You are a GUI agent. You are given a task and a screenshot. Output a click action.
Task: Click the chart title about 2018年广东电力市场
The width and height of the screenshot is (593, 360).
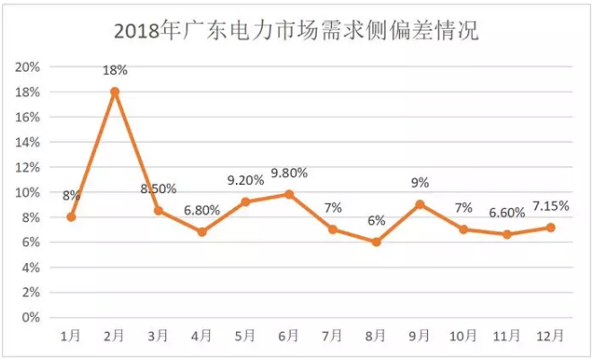(296, 31)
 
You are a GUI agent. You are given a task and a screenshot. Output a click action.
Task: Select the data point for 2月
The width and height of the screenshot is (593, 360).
(115, 92)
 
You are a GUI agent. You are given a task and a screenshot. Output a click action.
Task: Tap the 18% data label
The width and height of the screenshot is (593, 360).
(116, 70)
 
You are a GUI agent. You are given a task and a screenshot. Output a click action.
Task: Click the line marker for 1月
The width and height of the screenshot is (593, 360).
(71, 216)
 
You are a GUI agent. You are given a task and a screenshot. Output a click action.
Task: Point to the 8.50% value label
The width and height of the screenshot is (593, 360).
(159, 189)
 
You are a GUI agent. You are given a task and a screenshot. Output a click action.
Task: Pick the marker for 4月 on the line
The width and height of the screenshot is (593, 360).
(202, 232)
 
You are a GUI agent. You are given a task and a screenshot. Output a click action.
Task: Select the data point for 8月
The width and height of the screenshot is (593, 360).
(376, 241)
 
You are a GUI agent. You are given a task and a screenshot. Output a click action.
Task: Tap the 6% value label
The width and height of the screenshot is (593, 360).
(376, 222)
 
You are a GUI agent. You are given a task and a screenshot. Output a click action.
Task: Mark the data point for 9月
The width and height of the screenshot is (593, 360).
(420, 204)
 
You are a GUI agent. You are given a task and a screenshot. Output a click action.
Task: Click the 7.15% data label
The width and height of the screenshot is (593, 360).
(550, 206)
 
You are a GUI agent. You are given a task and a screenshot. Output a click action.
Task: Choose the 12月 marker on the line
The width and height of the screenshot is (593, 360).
(550, 227)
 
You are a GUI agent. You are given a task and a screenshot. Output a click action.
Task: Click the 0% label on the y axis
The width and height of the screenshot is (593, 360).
(32, 317)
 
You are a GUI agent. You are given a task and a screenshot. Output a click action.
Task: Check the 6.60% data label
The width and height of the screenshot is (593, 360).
(507, 214)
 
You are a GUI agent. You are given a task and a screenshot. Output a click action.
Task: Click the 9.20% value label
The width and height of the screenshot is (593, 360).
(246, 180)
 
